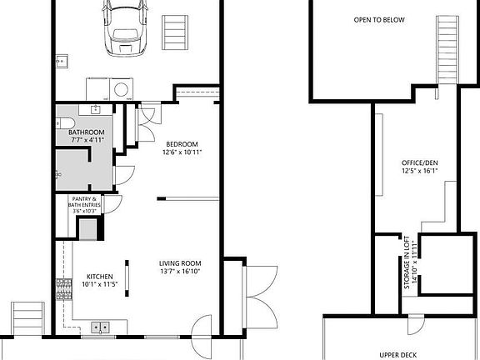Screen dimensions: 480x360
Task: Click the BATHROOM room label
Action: [87, 132]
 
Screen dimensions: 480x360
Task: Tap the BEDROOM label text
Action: [182, 144]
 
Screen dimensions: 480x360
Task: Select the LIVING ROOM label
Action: [180, 263]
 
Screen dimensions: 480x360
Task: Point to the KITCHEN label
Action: [100, 277]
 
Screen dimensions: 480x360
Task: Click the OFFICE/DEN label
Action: [420, 162]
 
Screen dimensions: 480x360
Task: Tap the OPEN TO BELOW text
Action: [379, 20]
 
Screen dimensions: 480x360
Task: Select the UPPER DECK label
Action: [398, 355]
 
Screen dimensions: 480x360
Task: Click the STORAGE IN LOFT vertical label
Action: [407, 262]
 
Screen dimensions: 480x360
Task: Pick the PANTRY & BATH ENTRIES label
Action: [84, 202]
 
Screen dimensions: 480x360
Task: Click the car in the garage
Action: [125, 28]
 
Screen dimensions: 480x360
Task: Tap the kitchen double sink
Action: [100, 327]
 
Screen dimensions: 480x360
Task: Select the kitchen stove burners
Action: [64, 289]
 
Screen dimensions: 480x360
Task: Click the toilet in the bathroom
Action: [65, 123]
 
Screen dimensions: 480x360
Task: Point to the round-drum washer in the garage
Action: [121, 89]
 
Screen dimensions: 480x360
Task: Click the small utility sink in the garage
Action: [62, 61]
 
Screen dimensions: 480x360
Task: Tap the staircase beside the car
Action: [175, 32]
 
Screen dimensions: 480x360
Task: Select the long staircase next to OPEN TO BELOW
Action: [447, 50]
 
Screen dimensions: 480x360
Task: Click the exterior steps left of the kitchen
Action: [27, 318]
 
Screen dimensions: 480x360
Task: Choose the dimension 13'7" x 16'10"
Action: [180, 271]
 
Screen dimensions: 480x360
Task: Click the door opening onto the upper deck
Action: [416, 324]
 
